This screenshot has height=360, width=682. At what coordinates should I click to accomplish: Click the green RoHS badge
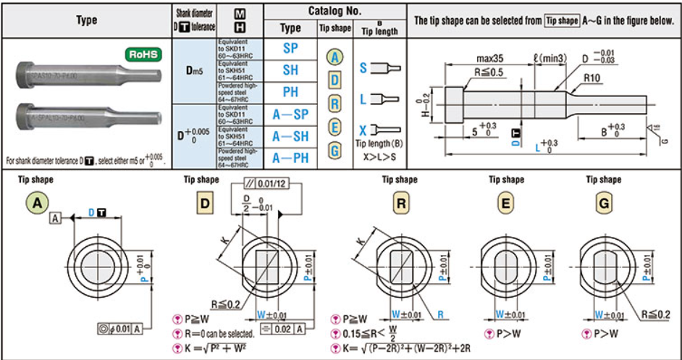tap(143, 54)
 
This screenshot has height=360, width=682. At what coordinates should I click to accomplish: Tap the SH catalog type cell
tap(290, 70)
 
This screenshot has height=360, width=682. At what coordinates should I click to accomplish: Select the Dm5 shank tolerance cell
tap(193, 70)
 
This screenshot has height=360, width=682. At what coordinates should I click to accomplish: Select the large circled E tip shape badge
tap(505, 204)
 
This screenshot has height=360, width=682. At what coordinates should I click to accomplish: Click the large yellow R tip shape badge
tap(401, 204)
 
